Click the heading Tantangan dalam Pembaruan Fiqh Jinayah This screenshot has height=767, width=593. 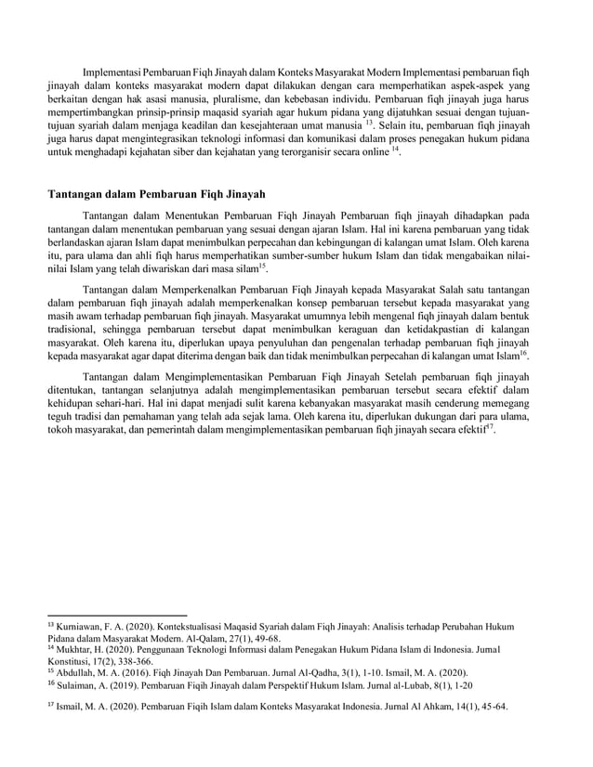tap(157, 194)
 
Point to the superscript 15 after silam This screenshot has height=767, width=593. tap(262, 265)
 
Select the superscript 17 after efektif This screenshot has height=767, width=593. tap(491, 428)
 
